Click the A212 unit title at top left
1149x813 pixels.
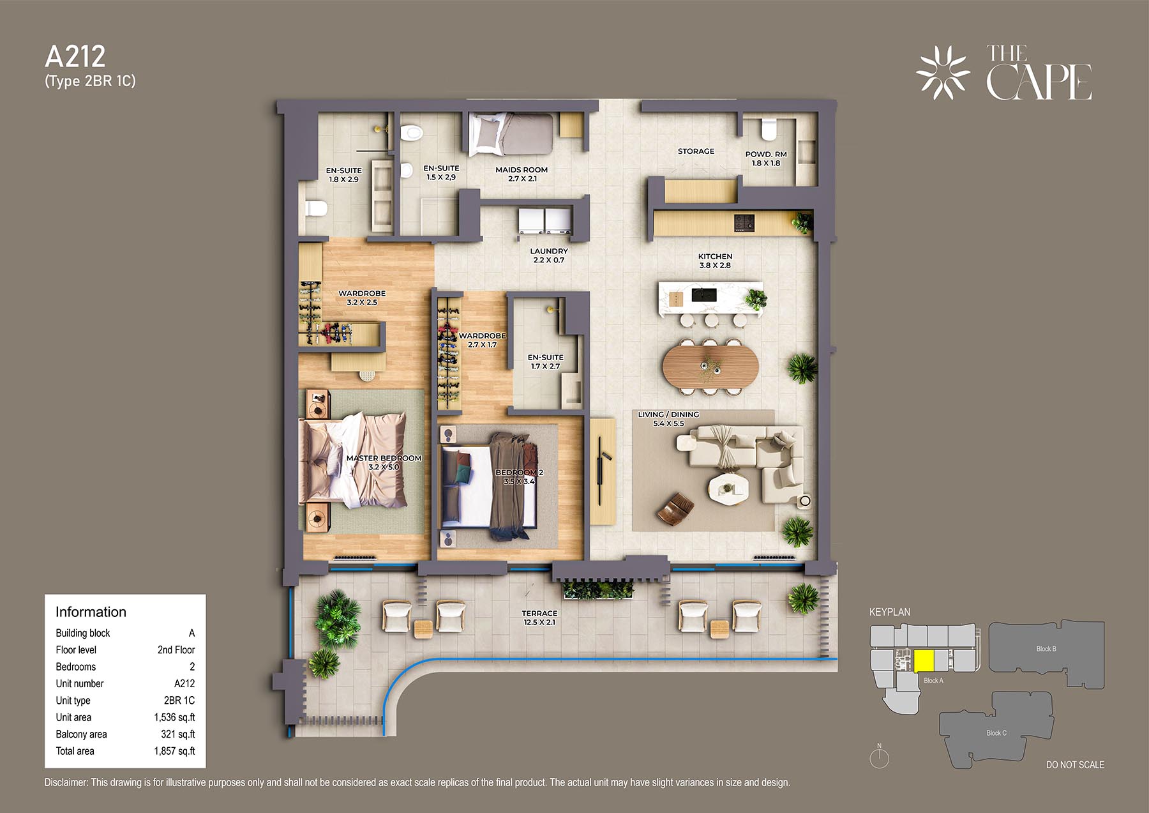(x=75, y=57)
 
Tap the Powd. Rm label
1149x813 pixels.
(x=766, y=155)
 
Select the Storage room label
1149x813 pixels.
(x=696, y=151)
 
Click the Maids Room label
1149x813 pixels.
(x=522, y=170)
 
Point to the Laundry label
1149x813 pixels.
(x=549, y=251)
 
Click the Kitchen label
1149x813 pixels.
(x=715, y=256)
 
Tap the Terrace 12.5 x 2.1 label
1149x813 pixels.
(x=539, y=618)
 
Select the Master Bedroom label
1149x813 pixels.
(x=384, y=458)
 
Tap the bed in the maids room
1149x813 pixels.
(x=511, y=134)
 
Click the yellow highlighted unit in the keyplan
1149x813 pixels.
(x=924, y=660)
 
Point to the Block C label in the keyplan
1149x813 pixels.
(x=996, y=733)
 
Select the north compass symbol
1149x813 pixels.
(x=879, y=757)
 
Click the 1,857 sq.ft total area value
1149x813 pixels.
(x=174, y=751)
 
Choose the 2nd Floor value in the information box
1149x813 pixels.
(x=176, y=650)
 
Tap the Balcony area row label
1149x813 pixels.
(x=81, y=734)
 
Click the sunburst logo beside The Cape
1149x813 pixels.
(x=943, y=73)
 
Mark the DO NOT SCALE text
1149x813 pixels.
(x=1075, y=764)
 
